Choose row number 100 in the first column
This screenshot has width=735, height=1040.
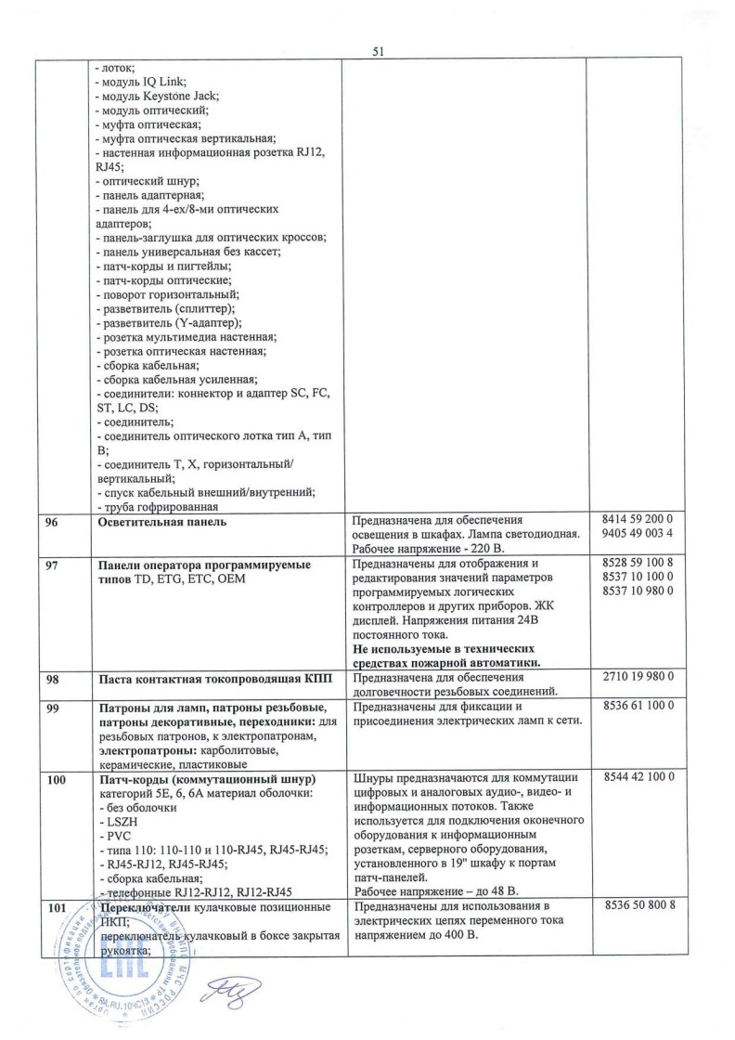(x=58, y=777)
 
